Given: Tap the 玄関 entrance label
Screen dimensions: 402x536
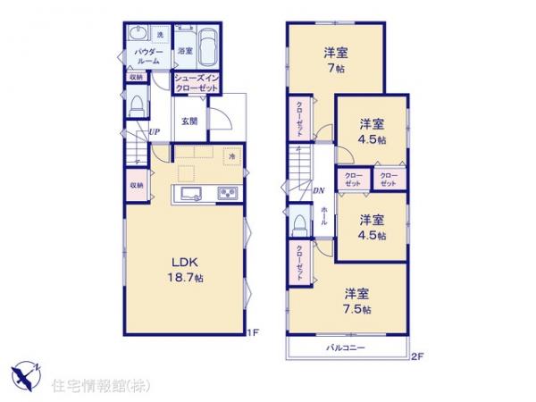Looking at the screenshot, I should [189, 121].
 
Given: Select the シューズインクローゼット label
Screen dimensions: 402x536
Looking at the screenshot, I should [194, 83].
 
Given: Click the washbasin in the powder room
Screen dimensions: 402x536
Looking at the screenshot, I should [137, 35].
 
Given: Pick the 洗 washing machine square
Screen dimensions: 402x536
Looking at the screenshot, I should [161, 35].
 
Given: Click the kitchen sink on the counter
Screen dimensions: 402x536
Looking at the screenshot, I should [192, 195].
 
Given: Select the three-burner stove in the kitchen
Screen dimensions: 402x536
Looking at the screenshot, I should [225, 195].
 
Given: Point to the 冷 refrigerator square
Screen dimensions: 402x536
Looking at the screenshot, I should [230, 155].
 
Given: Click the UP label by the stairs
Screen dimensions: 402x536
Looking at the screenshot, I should [155, 134].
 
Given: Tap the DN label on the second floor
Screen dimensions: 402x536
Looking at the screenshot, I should [318, 189].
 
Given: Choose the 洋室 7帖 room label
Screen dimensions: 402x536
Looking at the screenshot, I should [336, 60].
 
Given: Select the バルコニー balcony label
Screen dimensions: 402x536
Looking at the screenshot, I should [345, 347].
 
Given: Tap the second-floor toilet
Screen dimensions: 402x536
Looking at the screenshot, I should [298, 222].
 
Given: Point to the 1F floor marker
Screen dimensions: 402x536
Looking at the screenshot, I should [254, 333].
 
